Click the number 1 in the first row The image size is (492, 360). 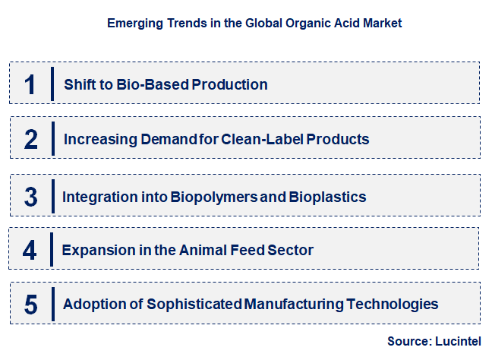point(30,84)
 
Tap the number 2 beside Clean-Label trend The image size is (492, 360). point(30,139)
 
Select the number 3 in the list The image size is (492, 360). point(30,197)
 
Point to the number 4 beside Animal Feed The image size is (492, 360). point(30,250)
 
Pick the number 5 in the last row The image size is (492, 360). point(30,305)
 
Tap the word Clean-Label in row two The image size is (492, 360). point(258,139)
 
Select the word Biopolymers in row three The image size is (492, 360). point(215,197)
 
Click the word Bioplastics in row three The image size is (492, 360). point(327,197)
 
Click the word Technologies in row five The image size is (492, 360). point(393,305)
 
